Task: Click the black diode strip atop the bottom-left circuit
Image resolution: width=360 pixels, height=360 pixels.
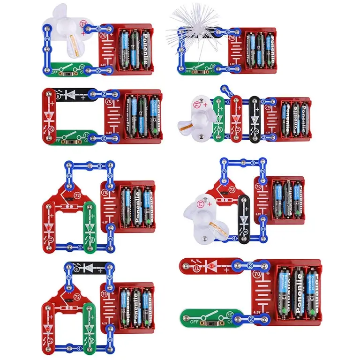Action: [x=89, y=268]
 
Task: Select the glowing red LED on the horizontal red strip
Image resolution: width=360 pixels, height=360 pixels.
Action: [x=212, y=267]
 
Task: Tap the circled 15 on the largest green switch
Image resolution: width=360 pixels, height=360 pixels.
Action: [x=230, y=315]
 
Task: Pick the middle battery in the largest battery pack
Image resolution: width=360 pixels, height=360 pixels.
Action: [x=299, y=291]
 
